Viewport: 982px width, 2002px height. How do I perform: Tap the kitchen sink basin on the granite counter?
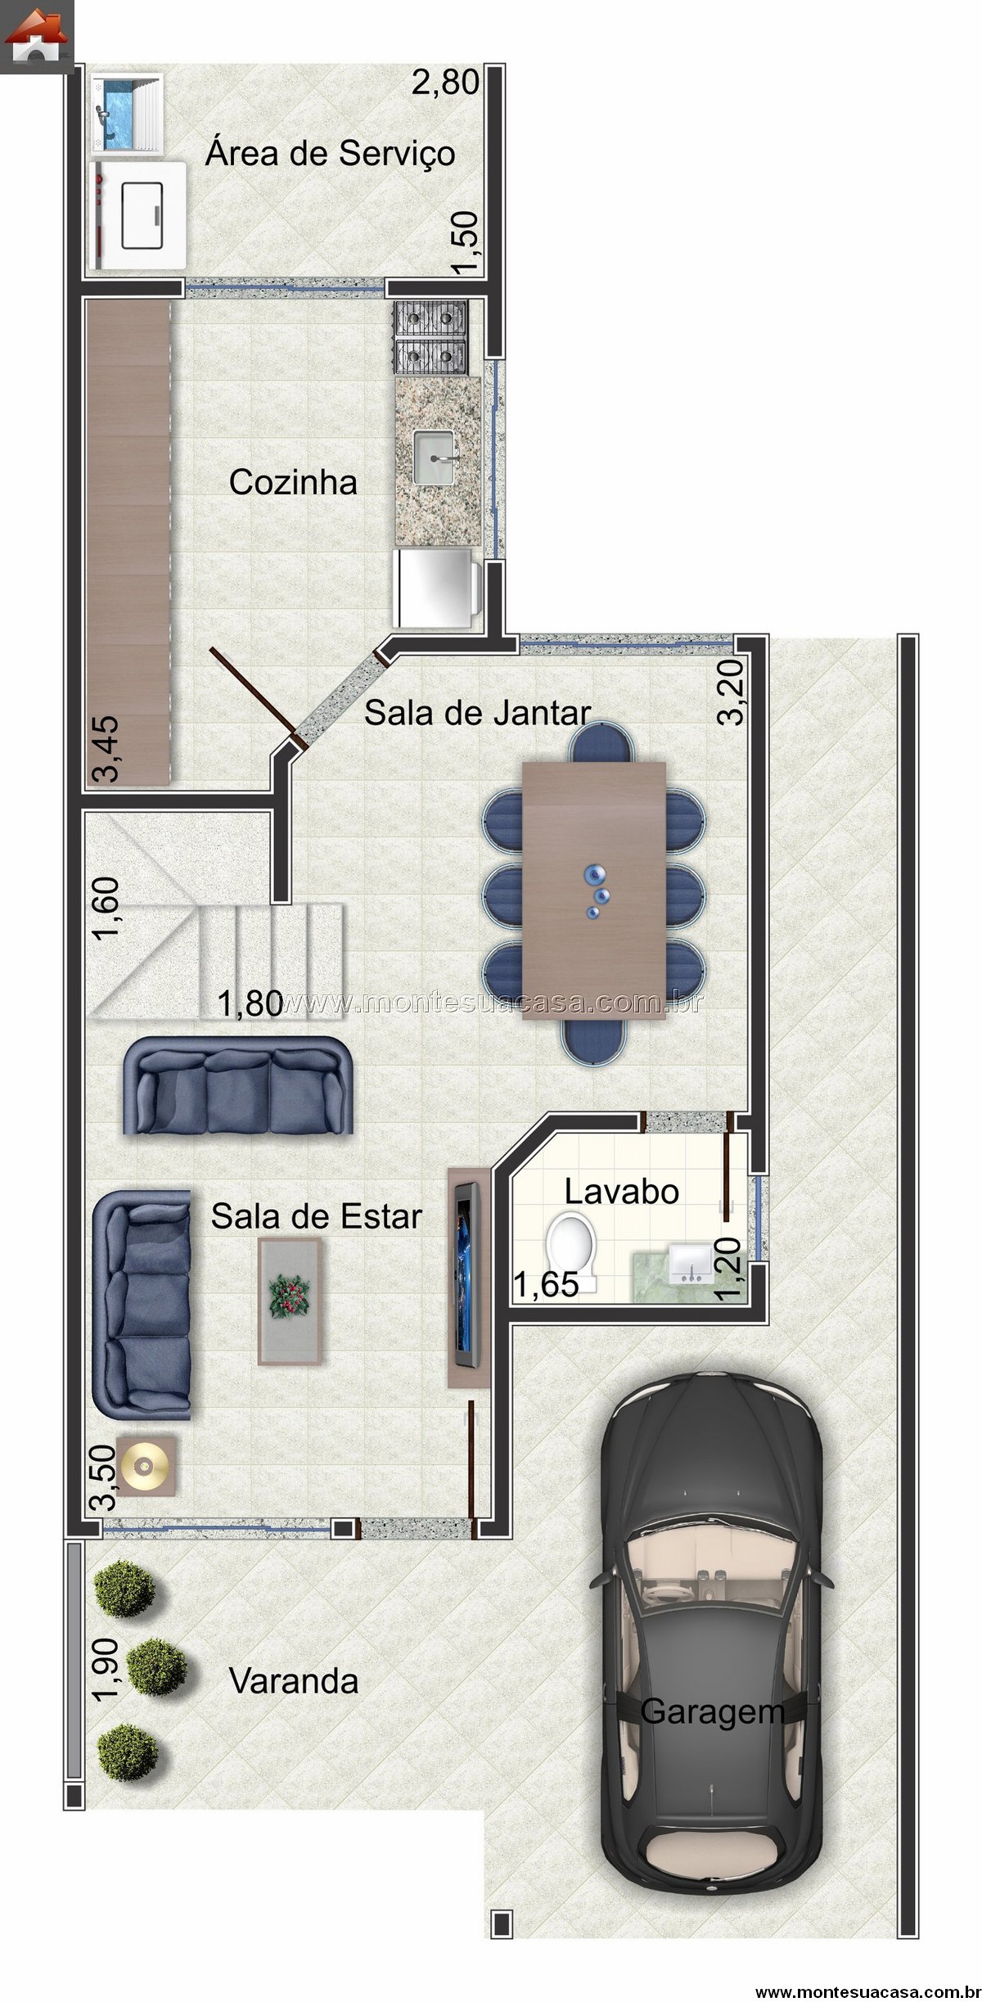pos(437,458)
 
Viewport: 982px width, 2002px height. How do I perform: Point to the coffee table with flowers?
pos(290,1301)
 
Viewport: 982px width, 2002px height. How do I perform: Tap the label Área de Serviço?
pos(331,153)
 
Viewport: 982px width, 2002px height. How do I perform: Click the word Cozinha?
pos(293,482)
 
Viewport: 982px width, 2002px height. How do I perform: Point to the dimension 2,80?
pos(444,83)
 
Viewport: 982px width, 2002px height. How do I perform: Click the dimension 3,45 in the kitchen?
pos(106,749)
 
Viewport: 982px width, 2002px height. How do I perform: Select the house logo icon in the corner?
pos(37,37)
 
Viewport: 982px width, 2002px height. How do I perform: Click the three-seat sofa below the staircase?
pos(238,1085)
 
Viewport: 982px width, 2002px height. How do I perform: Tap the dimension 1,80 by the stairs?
pos(250,1004)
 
